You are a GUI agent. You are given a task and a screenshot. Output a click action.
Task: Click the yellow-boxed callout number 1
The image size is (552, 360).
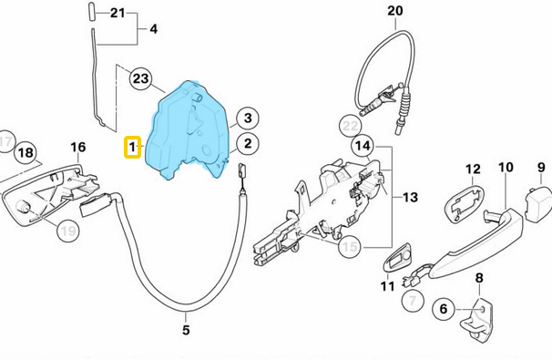click(x=132, y=147)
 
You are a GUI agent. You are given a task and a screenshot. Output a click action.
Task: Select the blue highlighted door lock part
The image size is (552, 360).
click(x=189, y=131)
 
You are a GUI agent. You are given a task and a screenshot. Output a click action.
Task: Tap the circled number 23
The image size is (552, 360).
click(x=141, y=78)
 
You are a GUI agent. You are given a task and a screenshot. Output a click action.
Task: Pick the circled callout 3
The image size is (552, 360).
click(x=248, y=118)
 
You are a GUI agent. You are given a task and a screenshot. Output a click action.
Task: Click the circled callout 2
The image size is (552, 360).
click(x=248, y=144)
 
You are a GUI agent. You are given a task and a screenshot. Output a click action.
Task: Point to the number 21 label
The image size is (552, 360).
click(x=118, y=13)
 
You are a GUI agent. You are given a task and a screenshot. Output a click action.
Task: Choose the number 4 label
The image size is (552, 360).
click(x=154, y=29)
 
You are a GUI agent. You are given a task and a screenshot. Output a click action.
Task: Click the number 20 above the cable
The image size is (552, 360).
click(x=395, y=11)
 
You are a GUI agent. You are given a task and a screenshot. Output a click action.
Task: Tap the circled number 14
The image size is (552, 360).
click(x=363, y=145)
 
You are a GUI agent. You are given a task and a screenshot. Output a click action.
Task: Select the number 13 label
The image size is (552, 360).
click(x=410, y=197)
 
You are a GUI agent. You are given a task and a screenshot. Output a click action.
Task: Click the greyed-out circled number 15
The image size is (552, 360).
click(x=351, y=247)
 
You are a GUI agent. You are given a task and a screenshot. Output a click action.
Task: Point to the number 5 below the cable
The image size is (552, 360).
click(x=186, y=330)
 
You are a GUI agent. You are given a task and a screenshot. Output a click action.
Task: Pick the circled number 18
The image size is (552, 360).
click(x=26, y=152)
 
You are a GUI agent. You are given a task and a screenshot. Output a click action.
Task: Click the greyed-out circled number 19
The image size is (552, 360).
click(x=68, y=231)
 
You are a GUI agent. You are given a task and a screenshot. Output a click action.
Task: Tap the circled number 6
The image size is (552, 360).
click(x=444, y=309)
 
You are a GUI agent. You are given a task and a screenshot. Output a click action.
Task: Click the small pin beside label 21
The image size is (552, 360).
click(x=90, y=14)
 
